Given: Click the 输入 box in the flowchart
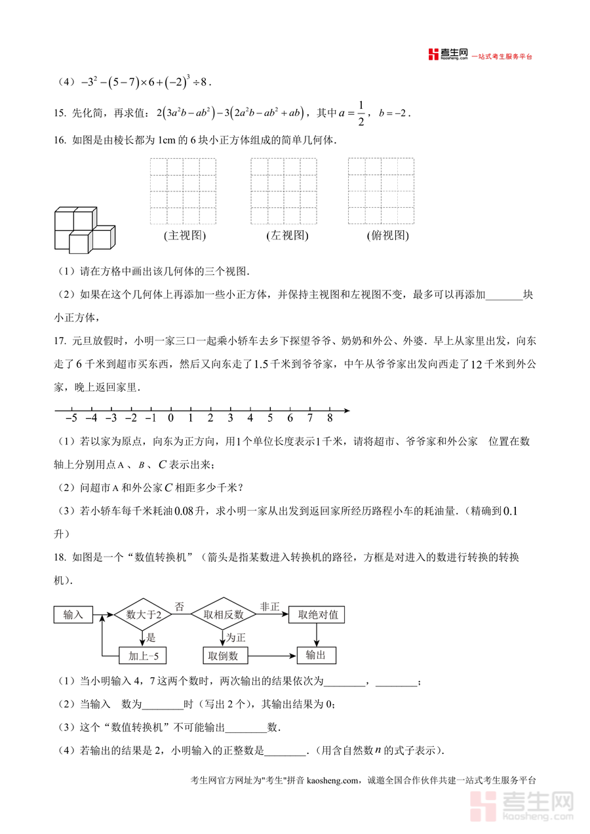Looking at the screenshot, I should [x=73, y=615].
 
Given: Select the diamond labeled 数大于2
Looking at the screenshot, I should [x=142, y=615].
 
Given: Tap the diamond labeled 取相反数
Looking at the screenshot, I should [x=223, y=615].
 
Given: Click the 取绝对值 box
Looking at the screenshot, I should [x=317, y=615].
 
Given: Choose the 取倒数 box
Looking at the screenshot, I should [x=224, y=655].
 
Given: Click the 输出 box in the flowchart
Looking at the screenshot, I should [x=316, y=655].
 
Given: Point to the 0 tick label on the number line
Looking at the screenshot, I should [x=170, y=418].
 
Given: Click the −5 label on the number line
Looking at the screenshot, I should [x=71, y=418].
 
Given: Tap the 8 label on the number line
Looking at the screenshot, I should [x=329, y=418].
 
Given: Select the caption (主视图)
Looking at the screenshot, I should [x=184, y=236].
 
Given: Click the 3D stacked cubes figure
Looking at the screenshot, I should [x=83, y=229].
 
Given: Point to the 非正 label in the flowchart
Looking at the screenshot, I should [x=269, y=606].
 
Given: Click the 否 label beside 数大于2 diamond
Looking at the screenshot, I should [x=179, y=606].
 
